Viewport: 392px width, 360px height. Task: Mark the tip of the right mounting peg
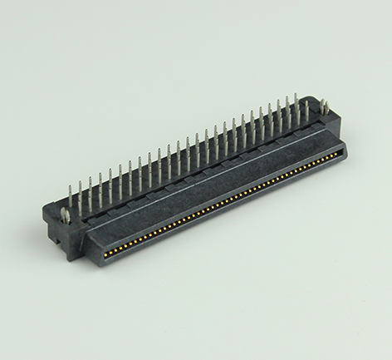point(324,100)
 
